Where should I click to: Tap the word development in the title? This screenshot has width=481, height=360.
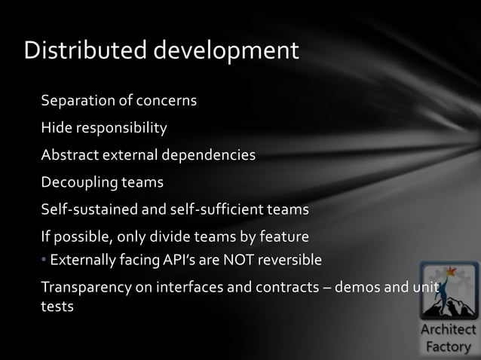click(x=227, y=52)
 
